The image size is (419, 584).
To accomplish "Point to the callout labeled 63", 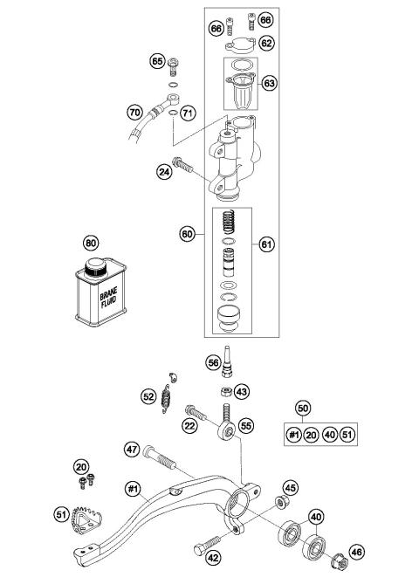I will tap(269, 83).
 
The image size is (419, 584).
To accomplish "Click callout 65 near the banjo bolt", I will tap(158, 62).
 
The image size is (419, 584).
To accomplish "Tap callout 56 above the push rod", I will tap(212, 362).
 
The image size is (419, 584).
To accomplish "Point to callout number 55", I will tap(246, 425).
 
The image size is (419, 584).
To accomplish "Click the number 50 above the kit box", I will tap(303, 409).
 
